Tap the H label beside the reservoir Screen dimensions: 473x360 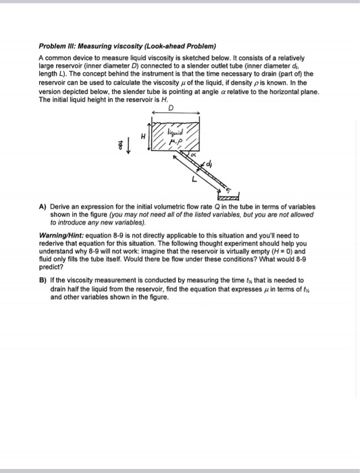(143, 135)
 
